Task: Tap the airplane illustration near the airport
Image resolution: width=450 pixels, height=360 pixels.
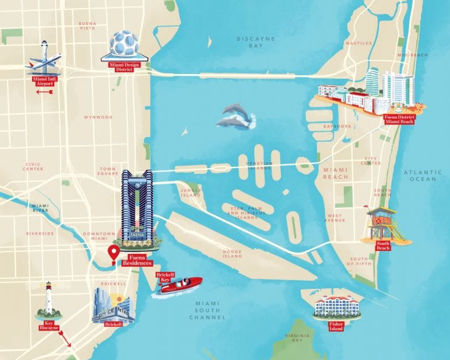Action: tap(44, 62)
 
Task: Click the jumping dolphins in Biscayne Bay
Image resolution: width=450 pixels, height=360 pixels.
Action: tap(237, 116)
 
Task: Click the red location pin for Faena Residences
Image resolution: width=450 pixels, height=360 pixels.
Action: tap(114, 253)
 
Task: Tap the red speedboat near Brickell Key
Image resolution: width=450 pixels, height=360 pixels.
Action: tap(178, 286)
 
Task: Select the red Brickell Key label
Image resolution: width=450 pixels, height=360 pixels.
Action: tap(165, 277)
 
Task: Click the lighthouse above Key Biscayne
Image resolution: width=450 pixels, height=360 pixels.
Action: tap(49, 300)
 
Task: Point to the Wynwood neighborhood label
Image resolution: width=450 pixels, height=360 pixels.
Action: tap(98, 117)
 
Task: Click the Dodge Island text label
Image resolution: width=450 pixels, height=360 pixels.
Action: tap(232, 254)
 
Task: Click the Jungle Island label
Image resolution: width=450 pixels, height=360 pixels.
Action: tap(191, 192)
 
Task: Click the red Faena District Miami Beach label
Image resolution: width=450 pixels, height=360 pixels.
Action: tap(399, 119)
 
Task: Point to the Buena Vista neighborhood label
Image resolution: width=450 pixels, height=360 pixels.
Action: tap(87, 25)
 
